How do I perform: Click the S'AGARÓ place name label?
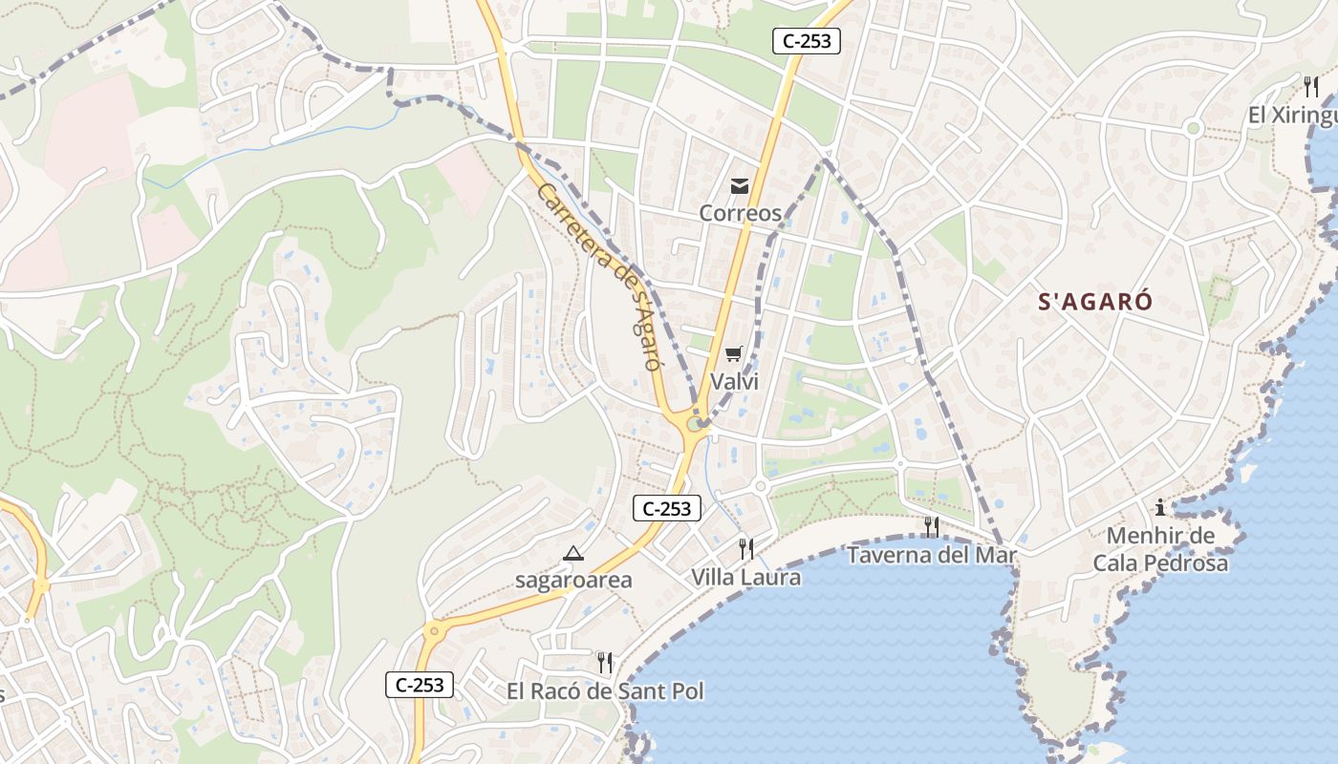1095,303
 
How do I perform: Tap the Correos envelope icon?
740,185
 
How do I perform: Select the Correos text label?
740,213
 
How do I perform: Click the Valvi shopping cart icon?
733,355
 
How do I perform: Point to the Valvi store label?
734,381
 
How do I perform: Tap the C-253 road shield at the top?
806,41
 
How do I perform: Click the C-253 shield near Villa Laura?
667,508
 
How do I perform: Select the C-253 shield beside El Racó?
420,684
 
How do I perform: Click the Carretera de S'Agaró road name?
600,276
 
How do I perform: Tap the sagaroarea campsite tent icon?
572,553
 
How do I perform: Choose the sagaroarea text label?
573,580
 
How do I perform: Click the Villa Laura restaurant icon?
746,548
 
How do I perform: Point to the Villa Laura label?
746,577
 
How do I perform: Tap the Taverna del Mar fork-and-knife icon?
931,526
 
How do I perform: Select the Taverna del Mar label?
931,555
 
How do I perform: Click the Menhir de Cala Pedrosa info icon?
1160,507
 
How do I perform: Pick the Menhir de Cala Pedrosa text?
1160,549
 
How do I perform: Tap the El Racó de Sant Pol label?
605,690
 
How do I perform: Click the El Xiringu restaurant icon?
1310,87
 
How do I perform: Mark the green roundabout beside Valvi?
694,422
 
